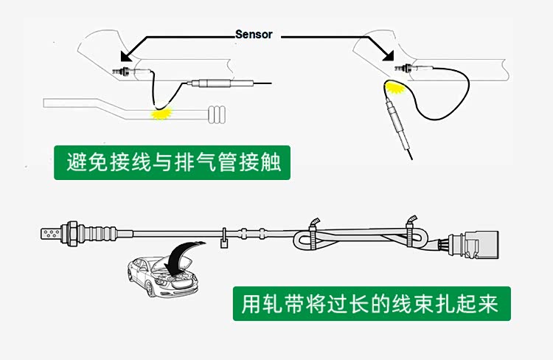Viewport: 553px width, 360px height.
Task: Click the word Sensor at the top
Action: [254, 34]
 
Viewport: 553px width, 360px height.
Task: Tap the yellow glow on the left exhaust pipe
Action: [161, 114]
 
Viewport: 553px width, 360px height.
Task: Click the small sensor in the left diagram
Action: [122, 72]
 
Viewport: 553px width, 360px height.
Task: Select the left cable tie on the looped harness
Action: [313, 232]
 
